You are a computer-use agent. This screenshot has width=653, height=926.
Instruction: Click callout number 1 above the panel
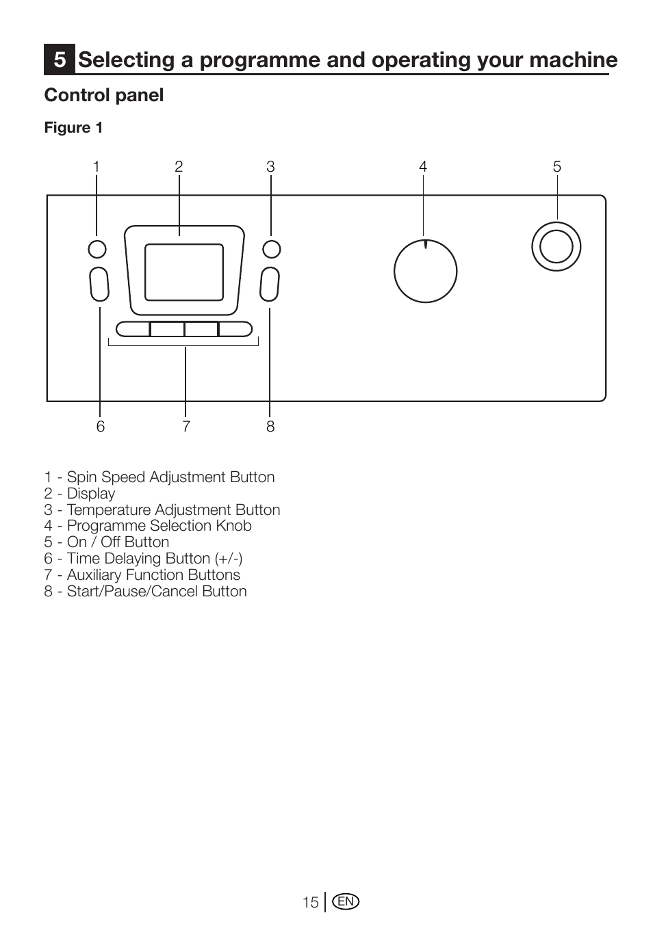pyautogui.click(x=97, y=167)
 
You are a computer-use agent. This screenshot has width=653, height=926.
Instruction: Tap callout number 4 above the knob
pyautogui.click(x=422, y=167)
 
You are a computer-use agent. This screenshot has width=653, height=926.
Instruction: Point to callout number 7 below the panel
pyautogui.click(x=186, y=426)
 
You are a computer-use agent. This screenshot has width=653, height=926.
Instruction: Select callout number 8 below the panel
pyautogui.click(x=270, y=426)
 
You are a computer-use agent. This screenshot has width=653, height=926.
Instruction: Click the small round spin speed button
pyautogui.click(x=97, y=249)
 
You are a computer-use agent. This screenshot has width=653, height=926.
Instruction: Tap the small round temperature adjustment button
pyautogui.click(x=272, y=249)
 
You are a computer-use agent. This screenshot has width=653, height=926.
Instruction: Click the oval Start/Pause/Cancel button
pyautogui.click(x=270, y=285)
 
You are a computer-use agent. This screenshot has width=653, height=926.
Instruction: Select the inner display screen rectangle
pyautogui.click(x=184, y=272)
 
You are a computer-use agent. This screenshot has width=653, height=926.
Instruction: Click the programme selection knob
pyautogui.click(x=425, y=272)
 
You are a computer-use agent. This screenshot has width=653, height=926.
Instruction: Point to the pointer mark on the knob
pyautogui.click(x=425, y=244)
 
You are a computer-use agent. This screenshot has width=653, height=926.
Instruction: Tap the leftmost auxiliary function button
pyautogui.click(x=132, y=329)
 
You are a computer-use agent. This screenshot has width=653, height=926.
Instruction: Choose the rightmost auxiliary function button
pyautogui.click(x=235, y=329)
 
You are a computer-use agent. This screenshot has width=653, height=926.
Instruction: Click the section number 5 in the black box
pyautogui.click(x=60, y=59)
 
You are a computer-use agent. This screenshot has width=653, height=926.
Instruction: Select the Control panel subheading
pyautogui.click(x=104, y=95)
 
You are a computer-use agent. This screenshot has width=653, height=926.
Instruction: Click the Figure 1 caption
pyautogui.click(x=73, y=127)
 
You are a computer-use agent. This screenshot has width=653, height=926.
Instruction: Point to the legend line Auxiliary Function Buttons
pyautogui.click(x=142, y=575)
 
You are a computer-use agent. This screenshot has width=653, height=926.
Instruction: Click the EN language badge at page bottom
pyautogui.click(x=346, y=901)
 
